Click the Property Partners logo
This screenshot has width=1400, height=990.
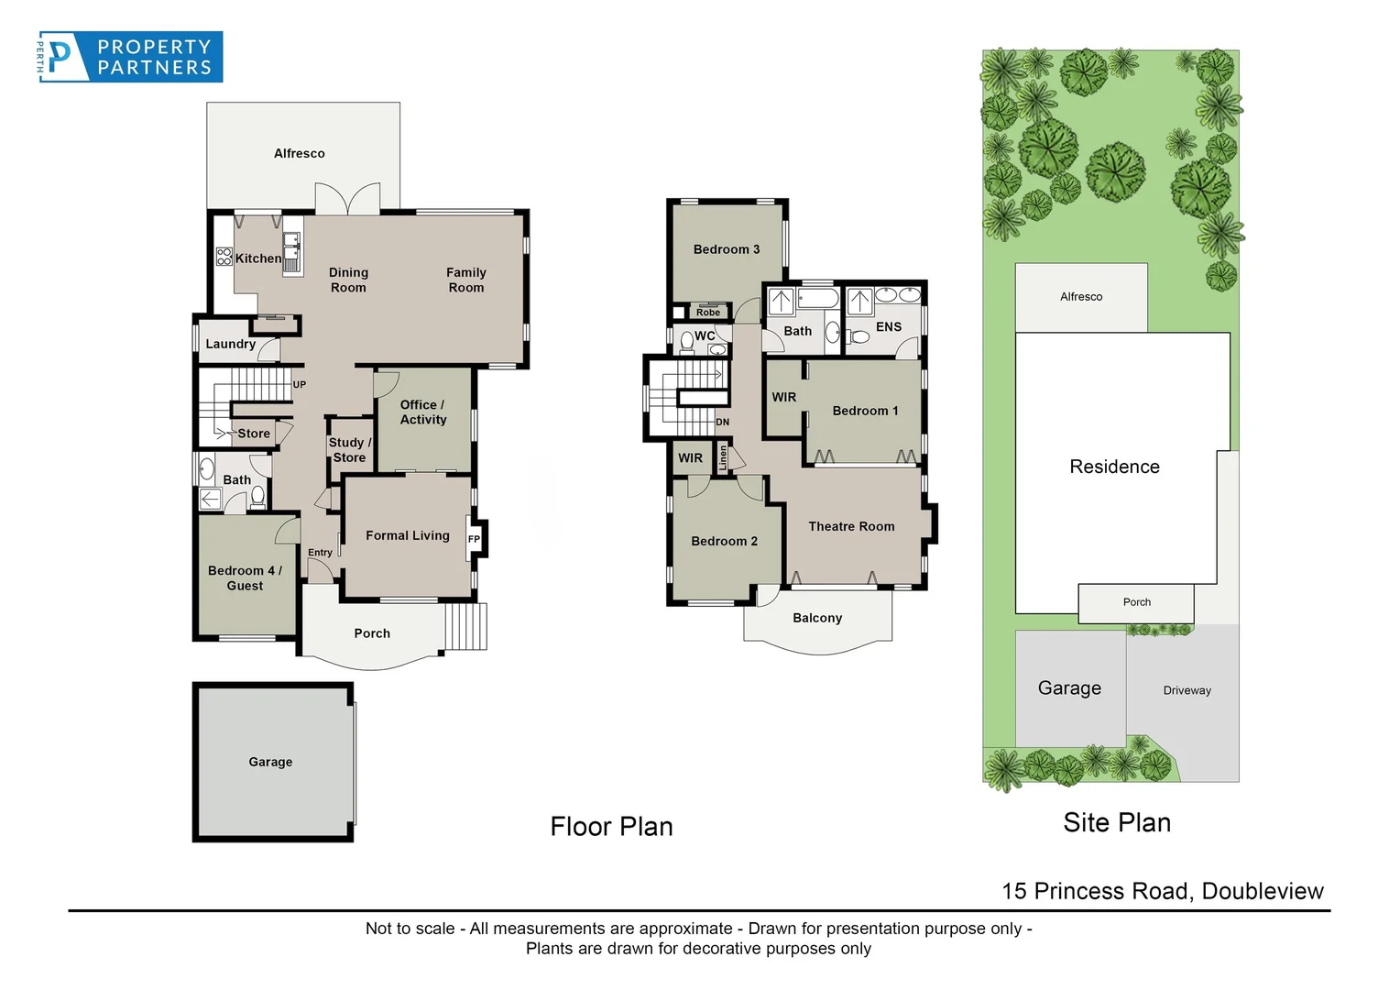[x=130, y=57]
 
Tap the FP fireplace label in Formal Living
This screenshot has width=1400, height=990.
[x=474, y=539]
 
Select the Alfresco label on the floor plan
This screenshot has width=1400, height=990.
[x=299, y=153]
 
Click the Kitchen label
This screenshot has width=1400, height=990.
[x=258, y=258]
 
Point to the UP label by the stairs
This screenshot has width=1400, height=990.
[x=299, y=385]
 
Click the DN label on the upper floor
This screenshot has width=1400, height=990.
[x=722, y=423]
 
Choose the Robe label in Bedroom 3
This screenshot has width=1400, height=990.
[x=707, y=313]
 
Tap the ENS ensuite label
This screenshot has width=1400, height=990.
[x=888, y=326]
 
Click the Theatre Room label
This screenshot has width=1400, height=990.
[x=850, y=526]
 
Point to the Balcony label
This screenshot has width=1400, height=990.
[x=816, y=618]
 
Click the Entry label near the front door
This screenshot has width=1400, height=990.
[x=320, y=553]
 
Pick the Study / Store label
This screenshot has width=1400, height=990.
[x=349, y=450]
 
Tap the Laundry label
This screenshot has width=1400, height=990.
[x=230, y=344]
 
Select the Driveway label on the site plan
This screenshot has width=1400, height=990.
[x=1187, y=690]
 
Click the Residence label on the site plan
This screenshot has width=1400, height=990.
[x=1114, y=467]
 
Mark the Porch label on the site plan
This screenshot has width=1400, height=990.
[x=1136, y=602]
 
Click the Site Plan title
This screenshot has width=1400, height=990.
[x=1116, y=822]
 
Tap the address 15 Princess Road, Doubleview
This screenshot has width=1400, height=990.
[x=1162, y=891]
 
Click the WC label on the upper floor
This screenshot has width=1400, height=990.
[x=704, y=336]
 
